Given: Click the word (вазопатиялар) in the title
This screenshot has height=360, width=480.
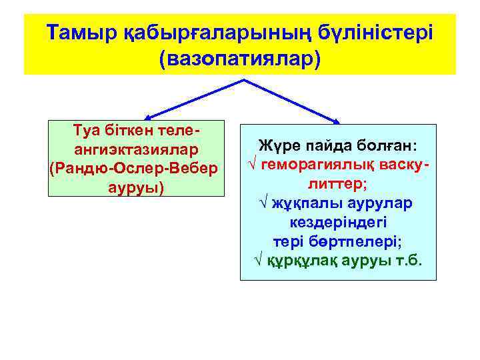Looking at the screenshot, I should pos(240,58).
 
